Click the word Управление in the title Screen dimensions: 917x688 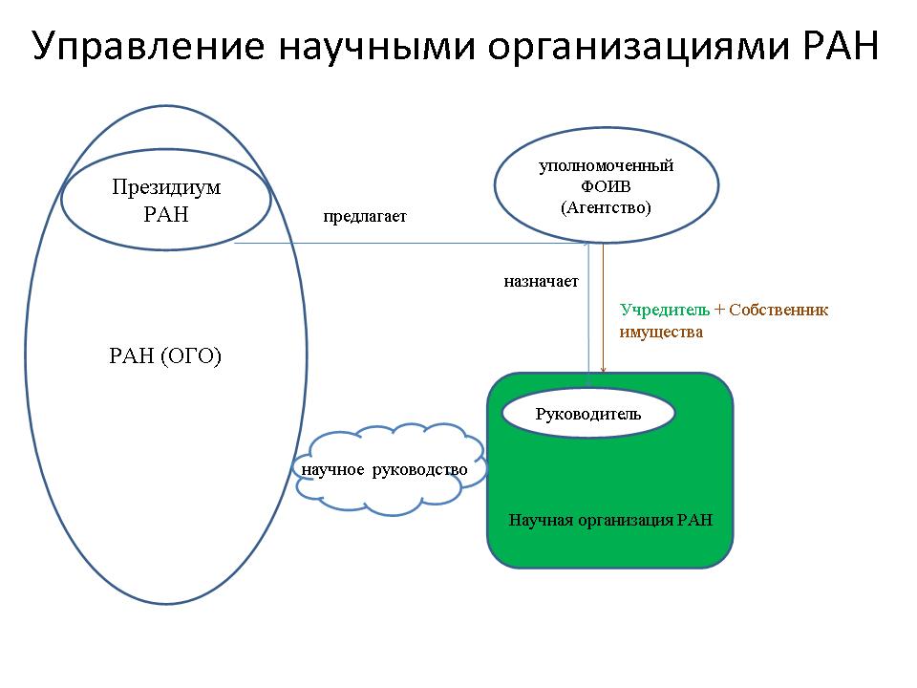tap(149, 47)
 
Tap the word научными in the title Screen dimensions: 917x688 tap(376, 46)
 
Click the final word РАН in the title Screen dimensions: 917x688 tap(841, 46)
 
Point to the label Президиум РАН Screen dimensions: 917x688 tap(166, 200)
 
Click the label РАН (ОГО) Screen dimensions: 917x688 tap(165, 355)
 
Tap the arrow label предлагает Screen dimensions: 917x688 tap(365, 217)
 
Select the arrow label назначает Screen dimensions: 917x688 tap(541, 281)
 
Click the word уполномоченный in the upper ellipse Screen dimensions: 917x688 tap(607, 166)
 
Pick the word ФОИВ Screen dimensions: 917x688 tap(606, 186)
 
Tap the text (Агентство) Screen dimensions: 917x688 tap(606, 207)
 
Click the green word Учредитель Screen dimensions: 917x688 tap(665, 310)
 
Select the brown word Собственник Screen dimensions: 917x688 tap(778, 310)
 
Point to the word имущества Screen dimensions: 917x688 tap(661, 333)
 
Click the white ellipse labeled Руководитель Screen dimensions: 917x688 tap(588, 413)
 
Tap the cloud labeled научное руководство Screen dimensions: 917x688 tap(390, 470)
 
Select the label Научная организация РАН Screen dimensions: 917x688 tap(610, 520)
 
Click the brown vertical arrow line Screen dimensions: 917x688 tap(603, 309)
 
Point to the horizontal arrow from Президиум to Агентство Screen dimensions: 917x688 tap(412, 243)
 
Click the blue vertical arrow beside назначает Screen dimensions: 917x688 tap(589, 314)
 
